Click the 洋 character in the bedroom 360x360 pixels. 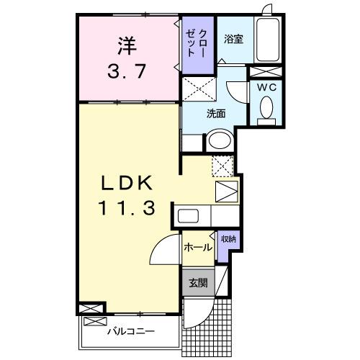click(127, 44)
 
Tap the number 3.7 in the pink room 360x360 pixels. click(127, 72)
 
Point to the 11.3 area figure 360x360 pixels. click(127, 210)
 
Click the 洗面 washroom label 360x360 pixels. click(216, 113)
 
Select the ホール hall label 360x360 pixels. click(197, 247)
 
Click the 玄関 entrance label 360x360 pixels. click(198, 283)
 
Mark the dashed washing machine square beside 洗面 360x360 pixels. click(199, 91)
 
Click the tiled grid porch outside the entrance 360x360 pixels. click(209, 321)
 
